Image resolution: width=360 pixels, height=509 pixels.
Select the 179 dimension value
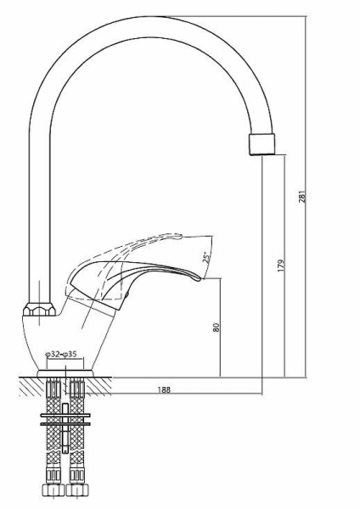pyautogui.click(x=280, y=264)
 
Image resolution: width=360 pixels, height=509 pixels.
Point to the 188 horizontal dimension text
pyautogui.click(x=165, y=389)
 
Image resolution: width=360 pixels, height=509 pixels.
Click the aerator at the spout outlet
pyautogui.click(x=263, y=143)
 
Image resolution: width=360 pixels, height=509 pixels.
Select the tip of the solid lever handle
pyautogui.click(x=201, y=277)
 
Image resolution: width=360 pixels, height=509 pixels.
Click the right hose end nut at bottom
pyautogui.click(x=80, y=491)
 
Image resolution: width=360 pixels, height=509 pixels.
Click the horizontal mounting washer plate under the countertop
pyautogui.click(x=65, y=417)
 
